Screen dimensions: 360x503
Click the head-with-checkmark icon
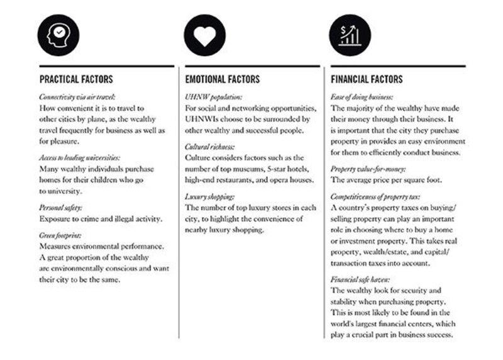pos(58,35)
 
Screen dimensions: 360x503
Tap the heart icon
pos(204,35)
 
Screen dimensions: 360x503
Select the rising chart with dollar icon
pos(350,35)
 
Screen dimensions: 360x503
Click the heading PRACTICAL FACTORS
pos(76,80)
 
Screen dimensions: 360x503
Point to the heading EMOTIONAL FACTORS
pos(223,80)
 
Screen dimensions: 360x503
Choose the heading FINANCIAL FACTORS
pos(367,80)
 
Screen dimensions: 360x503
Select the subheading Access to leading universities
pos(79,158)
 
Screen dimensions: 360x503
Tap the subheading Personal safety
pos(61,207)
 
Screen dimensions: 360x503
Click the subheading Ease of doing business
pos(362,98)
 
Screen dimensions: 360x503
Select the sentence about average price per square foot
pos(386,180)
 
